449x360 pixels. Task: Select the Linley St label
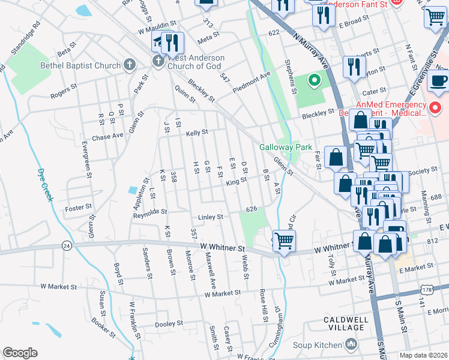pyautogui.click(x=211, y=217)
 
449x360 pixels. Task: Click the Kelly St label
pyautogui.click(x=196, y=133)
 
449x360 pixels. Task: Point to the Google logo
pyautogui.click(x=20, y=353)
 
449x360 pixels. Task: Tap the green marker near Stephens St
pyautogui.click(x=313, y=80)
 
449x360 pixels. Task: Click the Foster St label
pyautogui.click(x=77, y=209)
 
